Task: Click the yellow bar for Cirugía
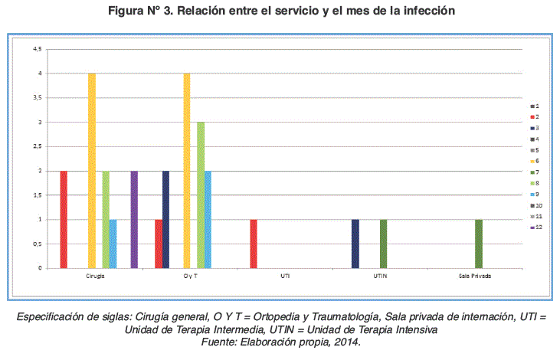(92, 170)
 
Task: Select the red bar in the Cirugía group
(64, 219)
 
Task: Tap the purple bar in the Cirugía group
(134, 219)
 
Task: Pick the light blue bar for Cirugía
(113, 244)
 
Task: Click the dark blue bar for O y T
(165, 219)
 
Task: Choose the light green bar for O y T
(201, 195)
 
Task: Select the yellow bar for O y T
(186, 170)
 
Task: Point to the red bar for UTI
(254, 244)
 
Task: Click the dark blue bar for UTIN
(355, 244)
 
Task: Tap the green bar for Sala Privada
(479, 244)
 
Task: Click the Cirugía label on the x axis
(95, 276)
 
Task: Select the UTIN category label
(379, 276)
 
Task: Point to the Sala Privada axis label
(474, 276)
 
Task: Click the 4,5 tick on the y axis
(37, 49)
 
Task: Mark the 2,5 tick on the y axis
(37, 146)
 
